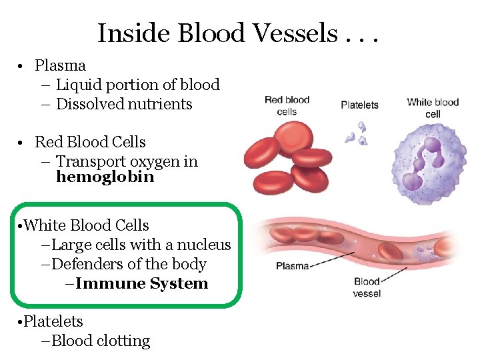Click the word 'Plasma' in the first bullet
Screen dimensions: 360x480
[x=60, y=65]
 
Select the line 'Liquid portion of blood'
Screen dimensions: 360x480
[x=137, y=85]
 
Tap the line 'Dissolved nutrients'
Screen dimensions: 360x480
[x=124, y=104]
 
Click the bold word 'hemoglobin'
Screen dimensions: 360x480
[x=105, y=177]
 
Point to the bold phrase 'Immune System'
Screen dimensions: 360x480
[x=141, y=283]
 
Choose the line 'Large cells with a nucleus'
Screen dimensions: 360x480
[x=141, y=245]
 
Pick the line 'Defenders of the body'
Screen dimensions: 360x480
[x=129, y=264]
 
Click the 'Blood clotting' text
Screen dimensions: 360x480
[x=100, y=341]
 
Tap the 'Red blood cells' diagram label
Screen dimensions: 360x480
[x=287, y=105]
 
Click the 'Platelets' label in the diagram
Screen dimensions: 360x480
[x=359, y=105]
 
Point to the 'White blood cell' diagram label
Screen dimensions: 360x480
[x=433, y=107]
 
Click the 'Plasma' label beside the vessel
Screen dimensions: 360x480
[x=292, y=266]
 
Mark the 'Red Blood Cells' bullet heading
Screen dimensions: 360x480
[x=90, y=142]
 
